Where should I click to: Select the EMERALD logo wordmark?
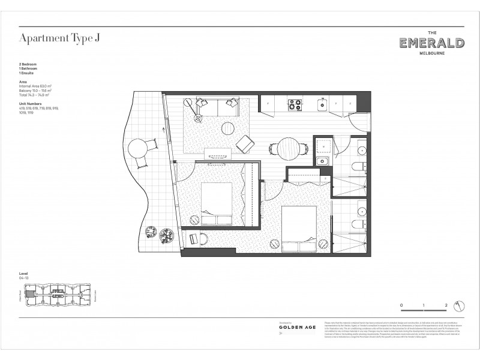click(x=431, y=43)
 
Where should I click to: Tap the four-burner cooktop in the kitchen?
click(x=295, y=105)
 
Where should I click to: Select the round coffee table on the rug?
click(x=228, y=129)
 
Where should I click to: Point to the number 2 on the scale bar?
click(x=447, y=306)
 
